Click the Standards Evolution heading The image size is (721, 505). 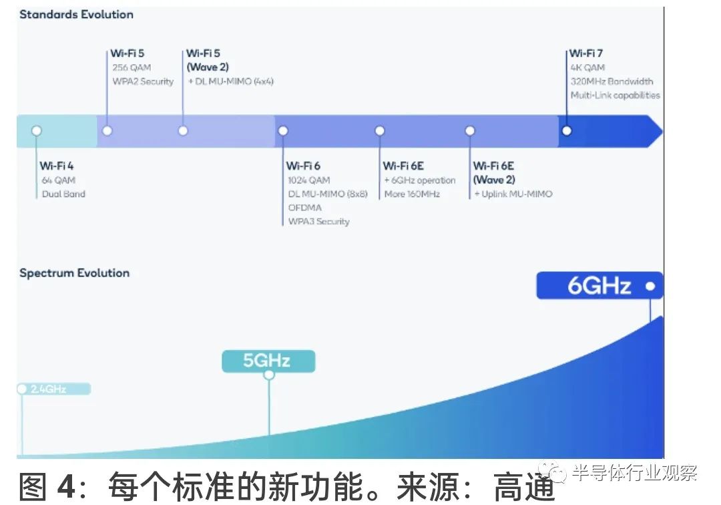[76, 14]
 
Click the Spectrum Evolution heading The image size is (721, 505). [74, 273]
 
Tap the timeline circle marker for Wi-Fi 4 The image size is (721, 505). [37, 131]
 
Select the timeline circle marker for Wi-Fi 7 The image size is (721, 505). [567, 130]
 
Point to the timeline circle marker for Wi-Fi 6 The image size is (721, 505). [283, 131]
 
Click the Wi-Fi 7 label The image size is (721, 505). [586, 53]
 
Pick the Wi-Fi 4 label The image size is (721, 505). [57, 166]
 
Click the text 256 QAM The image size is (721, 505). [132, 67]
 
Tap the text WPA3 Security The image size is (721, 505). [318, 221]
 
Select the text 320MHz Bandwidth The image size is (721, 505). [612, 81]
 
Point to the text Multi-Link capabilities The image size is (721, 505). [615, 96]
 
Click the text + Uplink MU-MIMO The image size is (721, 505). [513, 194]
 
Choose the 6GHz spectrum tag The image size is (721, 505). [599, 286]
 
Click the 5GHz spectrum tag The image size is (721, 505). [268, 361]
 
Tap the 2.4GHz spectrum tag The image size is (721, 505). [53, 389]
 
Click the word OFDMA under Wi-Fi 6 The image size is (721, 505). [304, 207]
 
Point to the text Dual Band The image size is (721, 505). [63, 194]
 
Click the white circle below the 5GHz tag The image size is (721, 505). [269, 375]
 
